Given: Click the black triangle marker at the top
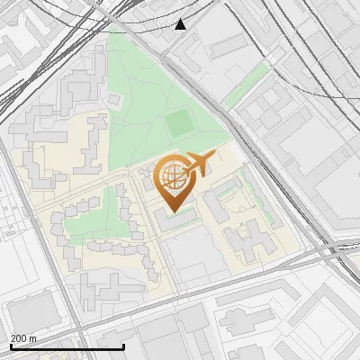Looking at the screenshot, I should [181, 24].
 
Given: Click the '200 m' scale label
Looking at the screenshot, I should [23, 338].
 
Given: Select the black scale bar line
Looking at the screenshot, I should [67, 346].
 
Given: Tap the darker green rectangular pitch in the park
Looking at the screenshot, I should [179, 121].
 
